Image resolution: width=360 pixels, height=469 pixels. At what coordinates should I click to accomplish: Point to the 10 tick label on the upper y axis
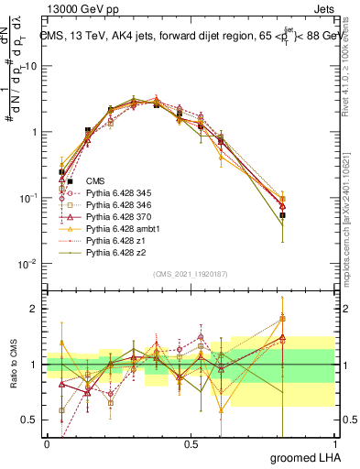pos(32,66)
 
